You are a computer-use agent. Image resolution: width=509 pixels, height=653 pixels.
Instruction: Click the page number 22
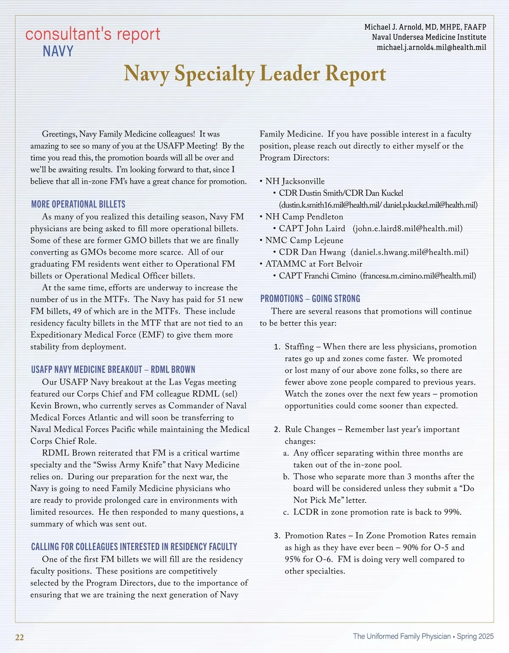pyautogui.click(x=20, y=637)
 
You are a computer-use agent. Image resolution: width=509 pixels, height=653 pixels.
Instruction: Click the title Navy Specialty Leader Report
pyautogui.click(x=255, y=74)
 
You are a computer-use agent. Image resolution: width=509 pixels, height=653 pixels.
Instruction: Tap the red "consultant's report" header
pyautogui.click(x=92, y=34)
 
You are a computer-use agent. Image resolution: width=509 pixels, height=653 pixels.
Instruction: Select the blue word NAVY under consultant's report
pyautogui.click(x=58, y=52)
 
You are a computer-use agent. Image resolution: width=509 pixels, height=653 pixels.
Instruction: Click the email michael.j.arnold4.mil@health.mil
pyautogui.click(x=431, y=47)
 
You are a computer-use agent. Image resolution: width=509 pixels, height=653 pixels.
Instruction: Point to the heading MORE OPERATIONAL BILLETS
pyautogui.click(x=78, y=204)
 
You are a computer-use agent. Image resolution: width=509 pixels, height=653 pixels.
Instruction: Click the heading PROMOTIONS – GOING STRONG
pyautogui.click(x=310, y=299)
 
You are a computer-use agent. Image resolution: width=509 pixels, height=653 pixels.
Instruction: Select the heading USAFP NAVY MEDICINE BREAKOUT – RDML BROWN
pyautogui.click(x=113, y=370)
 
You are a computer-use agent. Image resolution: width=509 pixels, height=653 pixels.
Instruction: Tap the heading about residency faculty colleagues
pyautogui.click(x=134, y=547)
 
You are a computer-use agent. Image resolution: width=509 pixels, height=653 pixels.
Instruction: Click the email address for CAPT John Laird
pyautogui.click(x=407, y=229)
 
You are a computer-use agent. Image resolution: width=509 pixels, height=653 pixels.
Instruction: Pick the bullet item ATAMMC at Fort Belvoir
pyautogui.click(x=313, y=264)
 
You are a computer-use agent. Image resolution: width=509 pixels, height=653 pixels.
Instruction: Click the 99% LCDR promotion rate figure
pyautogui.click(x=452, y=512)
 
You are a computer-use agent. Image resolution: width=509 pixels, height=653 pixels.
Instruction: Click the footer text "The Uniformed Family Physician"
pyautogui.click(x=402, y=636)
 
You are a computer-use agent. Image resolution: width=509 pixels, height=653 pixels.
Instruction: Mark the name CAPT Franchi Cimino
pyautogui.click(x=317, y=276)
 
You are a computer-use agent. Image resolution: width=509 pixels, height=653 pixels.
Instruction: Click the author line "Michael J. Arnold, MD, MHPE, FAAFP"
pyautogui.click(x=425, y=27)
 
